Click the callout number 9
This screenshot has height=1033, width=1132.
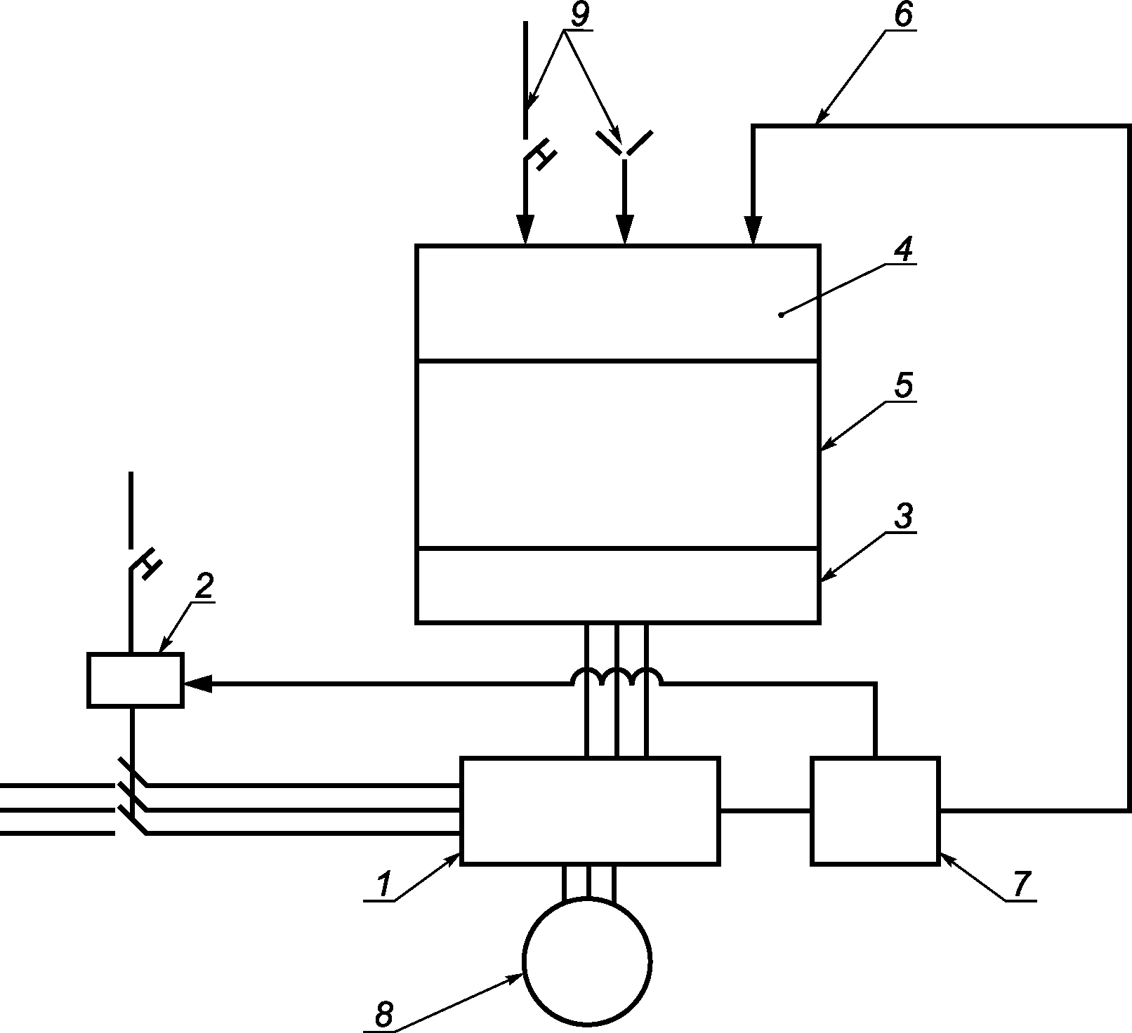click(x=580, y=16)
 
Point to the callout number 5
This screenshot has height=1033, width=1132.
click(x=904, y=386)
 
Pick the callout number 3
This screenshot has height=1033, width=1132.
click(x=904, y=516)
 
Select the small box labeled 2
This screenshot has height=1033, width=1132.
click(x=135, y=679)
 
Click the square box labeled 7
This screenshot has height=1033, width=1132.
click(x=875, y=811)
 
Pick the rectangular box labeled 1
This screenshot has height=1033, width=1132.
click(x=589, y=811)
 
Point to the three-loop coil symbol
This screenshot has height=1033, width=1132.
click(x=616, y=676)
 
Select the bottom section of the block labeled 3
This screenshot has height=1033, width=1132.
click(x=618, y=585)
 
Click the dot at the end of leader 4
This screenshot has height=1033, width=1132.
click(x=782, y=314)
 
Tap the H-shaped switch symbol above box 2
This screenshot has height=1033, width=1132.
click(x=144, y=564)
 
